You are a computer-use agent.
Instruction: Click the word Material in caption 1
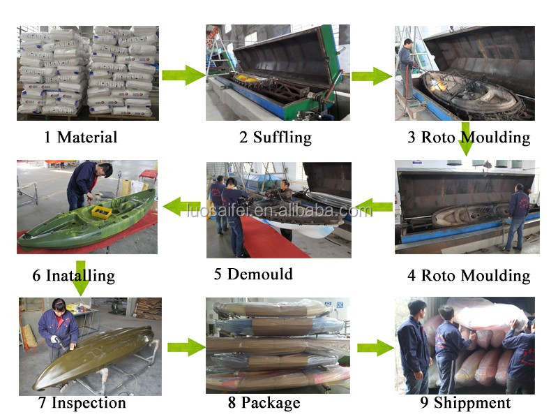tap(87, 137)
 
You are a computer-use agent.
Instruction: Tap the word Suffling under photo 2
tap(282, 138)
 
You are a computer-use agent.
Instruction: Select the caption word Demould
tap(259, 274)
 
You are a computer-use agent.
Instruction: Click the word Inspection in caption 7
tap(89, 403)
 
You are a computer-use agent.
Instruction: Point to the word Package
tap(271, 403)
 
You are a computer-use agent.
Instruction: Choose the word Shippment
tap(472, 403)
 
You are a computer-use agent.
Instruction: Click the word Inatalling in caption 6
tap(80, 276)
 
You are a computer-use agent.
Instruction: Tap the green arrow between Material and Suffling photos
tap(183, 75)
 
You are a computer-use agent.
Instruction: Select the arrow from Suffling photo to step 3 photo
tap(372, 76)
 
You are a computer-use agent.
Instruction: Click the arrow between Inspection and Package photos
tap(186, 347)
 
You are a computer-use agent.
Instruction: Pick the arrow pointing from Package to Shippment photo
tap(375, 347)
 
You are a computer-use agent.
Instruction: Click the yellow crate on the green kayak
tap(101, 212)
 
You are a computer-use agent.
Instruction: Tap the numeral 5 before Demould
tap(218, 274)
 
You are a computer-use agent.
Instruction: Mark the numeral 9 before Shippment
tap(424, 403)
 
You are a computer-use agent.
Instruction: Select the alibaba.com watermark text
tap(280, 211)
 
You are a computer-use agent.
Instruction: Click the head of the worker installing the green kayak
tap(105, 169)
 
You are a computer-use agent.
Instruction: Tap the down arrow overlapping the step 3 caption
tap(465, 139)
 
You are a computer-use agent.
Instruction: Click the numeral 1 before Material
tap(47, 138)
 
